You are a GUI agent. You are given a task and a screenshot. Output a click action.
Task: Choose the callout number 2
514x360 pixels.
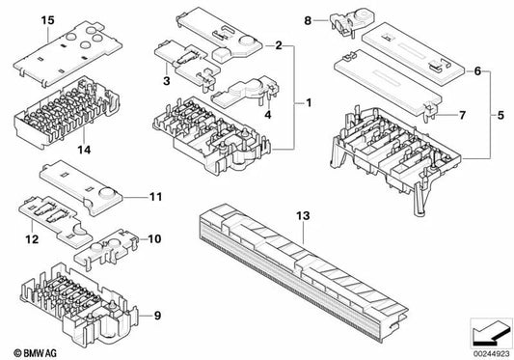[278, 45]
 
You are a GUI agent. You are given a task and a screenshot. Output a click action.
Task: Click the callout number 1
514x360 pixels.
[309, 101]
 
